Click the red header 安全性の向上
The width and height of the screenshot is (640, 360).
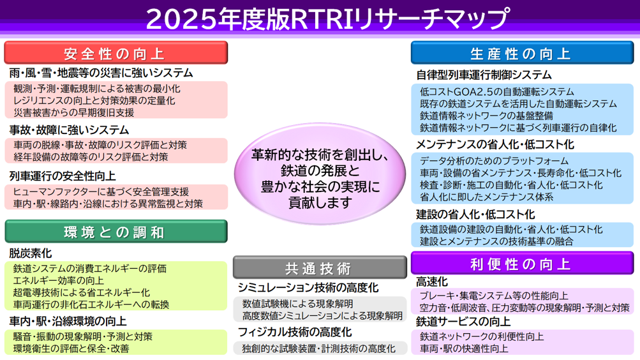click(x=116, y=53)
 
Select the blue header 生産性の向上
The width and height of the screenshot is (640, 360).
click(x=522, y=53)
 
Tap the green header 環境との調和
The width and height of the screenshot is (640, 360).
click(x=116, y=232)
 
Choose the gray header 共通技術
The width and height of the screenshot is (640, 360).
click(x=320, y=267)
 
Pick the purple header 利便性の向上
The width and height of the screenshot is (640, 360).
click(x=522, y=263)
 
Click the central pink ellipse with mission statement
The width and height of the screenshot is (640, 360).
click(x=320, y=174)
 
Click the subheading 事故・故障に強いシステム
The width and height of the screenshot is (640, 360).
click(x=69, y=130)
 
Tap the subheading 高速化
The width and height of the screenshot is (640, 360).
click(x=432, y=281)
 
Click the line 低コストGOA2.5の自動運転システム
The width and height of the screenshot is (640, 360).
click(x=496, y=92)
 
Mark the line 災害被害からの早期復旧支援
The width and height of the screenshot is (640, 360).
click(x=74, y=112)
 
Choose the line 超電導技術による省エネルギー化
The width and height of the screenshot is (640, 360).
click(x=82, y=292)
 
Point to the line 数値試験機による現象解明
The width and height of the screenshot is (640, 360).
click(x=297, y=304)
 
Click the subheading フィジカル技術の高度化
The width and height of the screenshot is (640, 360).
click(x=295, y=333)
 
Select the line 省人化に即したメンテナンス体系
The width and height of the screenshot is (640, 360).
click(x=486, y=197)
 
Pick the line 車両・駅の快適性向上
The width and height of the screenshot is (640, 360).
click(x=464, y=349)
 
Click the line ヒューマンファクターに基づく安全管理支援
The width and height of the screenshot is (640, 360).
click(x=101, y=192)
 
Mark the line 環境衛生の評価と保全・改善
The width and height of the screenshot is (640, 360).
click(x=71, y=349)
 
